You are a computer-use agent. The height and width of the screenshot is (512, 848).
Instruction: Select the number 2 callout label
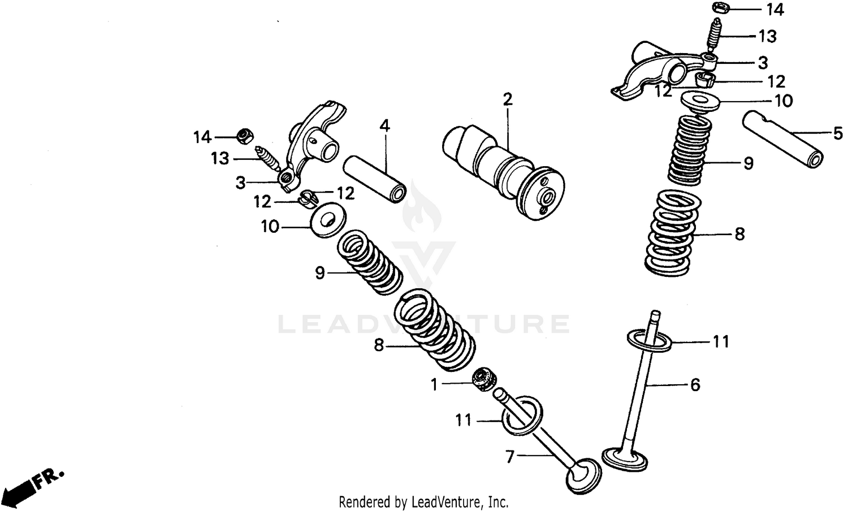pos(507,100)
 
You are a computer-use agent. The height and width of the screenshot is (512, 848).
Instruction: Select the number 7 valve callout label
pos(510,457)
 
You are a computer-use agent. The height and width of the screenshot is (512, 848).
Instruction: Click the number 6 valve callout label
pos(695,385)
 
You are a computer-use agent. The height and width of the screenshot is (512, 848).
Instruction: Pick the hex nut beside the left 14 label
pos(244,135)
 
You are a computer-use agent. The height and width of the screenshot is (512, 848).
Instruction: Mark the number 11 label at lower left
pos(463,420)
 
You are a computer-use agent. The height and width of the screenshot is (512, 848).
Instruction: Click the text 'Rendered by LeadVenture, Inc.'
pos(423,502)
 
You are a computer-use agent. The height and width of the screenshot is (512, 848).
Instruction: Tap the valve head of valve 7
pos(583,476)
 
